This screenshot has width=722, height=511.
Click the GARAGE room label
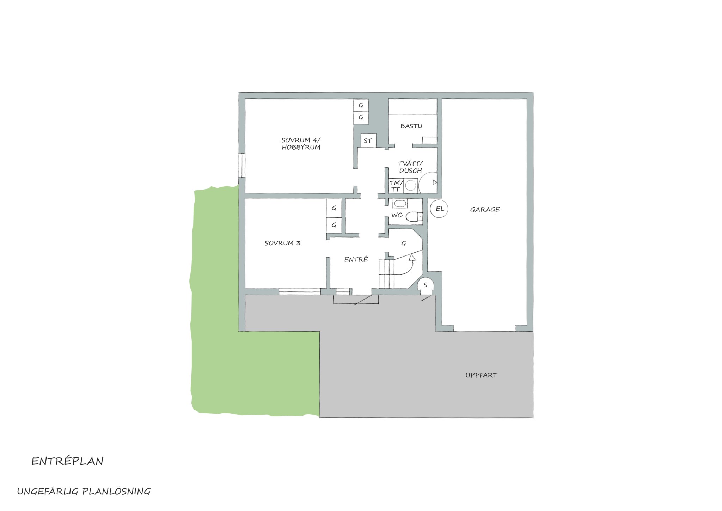(x=485, y=209)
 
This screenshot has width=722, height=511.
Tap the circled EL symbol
(x=439, y=209)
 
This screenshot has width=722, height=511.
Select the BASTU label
(x=411, y=126)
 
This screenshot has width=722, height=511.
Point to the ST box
(x=368, y=140)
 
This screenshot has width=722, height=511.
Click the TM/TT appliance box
(x=396, y=186)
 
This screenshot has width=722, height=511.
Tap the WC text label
(x=397, y=215)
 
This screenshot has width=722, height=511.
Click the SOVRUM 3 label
(x=282, y=243)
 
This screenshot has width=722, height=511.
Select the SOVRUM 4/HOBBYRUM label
(x=301, y=144)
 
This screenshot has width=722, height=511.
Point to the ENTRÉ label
(x=356, y=259)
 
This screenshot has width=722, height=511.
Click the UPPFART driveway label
(x=481, y=375)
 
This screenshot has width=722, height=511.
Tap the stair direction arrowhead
(x=412, y=258)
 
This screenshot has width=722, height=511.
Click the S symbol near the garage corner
(x=425, y=285)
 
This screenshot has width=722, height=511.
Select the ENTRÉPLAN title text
(x=67, y=461)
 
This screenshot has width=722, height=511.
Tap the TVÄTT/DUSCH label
(x=410, y=167)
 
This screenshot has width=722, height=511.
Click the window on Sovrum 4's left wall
(x=242, y=165)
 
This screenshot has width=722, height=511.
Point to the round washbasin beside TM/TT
(x=411, y=186)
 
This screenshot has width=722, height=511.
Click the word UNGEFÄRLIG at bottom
(x=48, y=492)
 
